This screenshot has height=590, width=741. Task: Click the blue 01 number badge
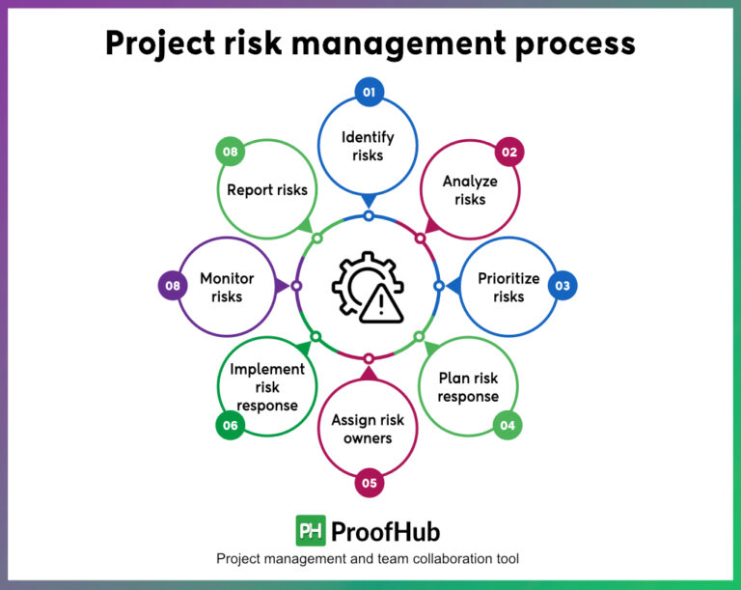click(x=369, y=92)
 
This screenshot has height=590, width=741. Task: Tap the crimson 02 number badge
click(x=508, y=152)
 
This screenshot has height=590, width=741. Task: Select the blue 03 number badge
click(x=563, y=286)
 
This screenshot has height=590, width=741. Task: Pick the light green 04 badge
click(x=508, y=425)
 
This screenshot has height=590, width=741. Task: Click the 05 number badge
click(x=368, y=482)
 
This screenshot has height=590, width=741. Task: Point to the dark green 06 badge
click(x=230, y=425)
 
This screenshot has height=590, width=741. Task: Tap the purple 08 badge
click(x=172, y=286)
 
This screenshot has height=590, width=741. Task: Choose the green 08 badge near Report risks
click(x=229, y=152)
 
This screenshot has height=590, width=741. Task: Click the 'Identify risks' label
click(x=368, y=146)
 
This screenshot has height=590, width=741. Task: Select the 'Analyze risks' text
click(x=470, y=190)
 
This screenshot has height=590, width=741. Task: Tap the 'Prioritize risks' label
click(x=508, y=287)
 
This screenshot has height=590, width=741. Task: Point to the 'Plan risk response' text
click(x=468, y=387)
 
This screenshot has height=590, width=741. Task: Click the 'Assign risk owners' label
click(x=368, y=429)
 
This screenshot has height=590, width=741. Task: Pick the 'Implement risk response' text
click(x=267, y=387)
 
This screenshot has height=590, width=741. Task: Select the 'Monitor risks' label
click(x=227, y=287)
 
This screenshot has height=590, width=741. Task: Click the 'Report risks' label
click(x=267, y=190)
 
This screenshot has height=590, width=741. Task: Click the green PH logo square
click(x=310, y=531)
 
